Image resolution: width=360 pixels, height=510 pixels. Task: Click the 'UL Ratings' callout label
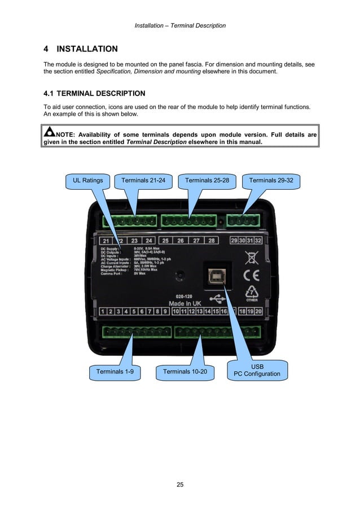(x=88, y=181)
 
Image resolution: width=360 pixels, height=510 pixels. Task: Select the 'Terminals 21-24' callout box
(x=143, y=181)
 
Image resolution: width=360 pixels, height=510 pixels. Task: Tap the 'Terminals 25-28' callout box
(x=207, y=181)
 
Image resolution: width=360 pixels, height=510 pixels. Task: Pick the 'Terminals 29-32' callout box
(x=271, y=181)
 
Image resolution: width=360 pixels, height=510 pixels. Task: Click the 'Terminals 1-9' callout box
(x=115, y=372)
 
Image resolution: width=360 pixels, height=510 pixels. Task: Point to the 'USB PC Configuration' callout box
(x=257, y=370)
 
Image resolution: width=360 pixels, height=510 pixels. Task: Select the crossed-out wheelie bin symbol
(x=251, y=258)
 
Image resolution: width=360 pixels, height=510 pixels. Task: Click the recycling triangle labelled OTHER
(x=251, y=293)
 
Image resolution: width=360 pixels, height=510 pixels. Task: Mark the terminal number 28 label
(x=211, y=241)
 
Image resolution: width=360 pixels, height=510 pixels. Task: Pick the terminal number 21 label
(x=105, y=241)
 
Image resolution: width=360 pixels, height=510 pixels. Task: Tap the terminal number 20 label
(x=258, y=311)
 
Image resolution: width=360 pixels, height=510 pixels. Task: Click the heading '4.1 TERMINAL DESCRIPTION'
(x=94, y=93)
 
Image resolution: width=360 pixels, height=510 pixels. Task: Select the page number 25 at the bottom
(x=180, y=485)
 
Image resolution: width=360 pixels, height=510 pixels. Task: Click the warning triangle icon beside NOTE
(x=50, y=133)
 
